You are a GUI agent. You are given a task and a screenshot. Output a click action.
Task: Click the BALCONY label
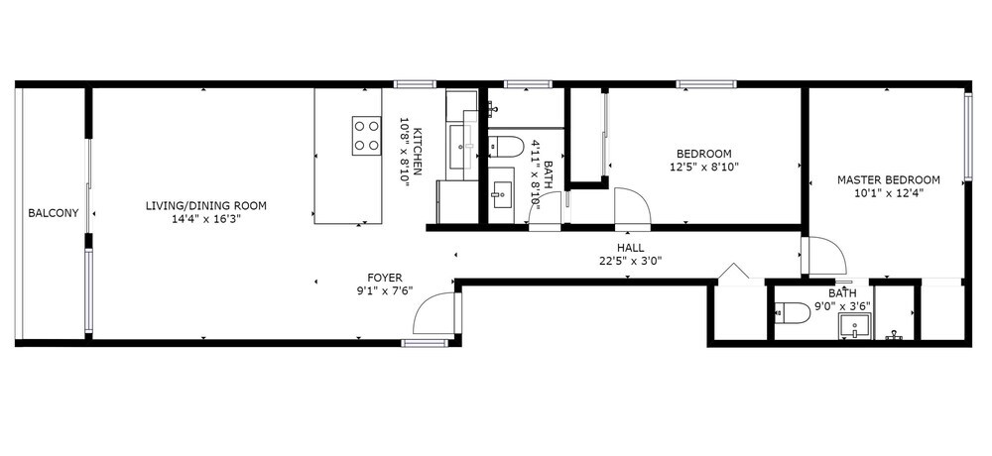54,213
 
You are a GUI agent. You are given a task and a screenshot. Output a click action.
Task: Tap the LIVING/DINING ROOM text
206,205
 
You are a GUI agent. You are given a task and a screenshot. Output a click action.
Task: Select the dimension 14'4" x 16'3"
206,219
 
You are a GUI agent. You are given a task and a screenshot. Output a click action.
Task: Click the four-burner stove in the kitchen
367,136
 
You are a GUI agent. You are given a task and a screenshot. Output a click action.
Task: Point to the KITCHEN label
418,151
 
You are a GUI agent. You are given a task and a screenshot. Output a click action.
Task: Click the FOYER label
385,277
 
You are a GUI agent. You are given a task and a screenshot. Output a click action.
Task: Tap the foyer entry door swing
434,313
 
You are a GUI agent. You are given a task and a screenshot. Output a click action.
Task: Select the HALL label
630,247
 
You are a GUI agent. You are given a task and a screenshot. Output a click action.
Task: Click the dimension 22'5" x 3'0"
630,260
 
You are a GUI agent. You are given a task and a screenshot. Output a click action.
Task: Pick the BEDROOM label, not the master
704,154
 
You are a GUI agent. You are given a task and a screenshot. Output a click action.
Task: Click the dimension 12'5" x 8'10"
704,167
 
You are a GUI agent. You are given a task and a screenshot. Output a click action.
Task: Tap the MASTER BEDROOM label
888,180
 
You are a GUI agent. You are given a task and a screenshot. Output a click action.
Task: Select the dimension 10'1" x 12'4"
888,193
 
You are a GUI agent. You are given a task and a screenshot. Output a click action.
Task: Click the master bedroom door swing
825,256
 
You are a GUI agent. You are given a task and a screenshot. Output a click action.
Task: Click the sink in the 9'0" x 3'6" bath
855,326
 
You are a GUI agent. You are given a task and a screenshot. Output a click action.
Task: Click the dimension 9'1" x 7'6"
385,290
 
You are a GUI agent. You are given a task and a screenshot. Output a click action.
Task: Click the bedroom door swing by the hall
633,206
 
